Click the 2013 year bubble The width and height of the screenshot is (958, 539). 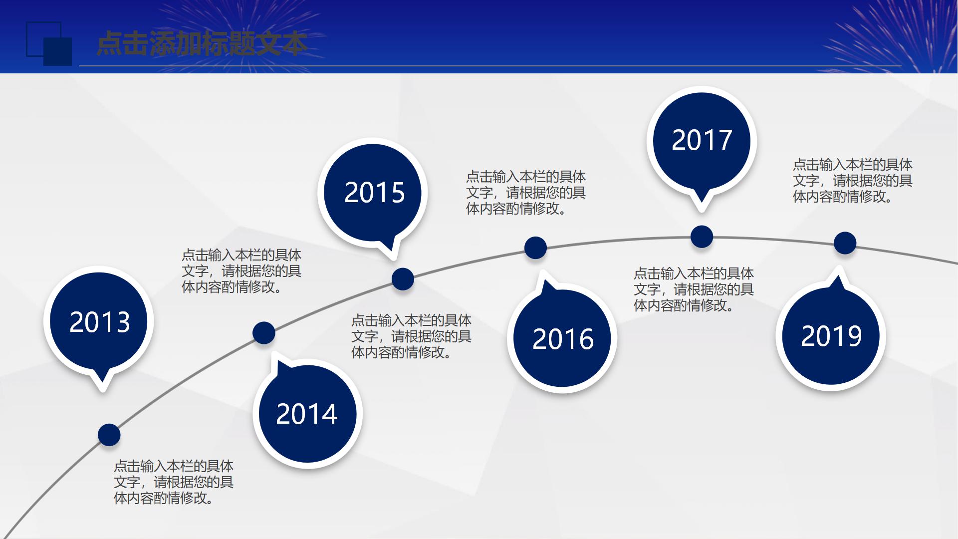[x=99, y=321]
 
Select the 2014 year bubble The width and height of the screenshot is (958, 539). [x=307, y=414]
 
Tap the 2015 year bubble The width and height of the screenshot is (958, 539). [x=374, y=192]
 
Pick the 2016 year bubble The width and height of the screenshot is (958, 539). [x=562, y=339]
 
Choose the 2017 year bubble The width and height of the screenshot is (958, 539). [x=702, y=140]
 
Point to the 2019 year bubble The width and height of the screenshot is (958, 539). [x=831, y=336]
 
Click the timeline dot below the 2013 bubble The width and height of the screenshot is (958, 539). [x=109, y=434]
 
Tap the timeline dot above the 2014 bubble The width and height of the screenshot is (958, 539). [x=263, y=333]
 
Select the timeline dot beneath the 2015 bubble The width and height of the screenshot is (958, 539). [x=403, y=279]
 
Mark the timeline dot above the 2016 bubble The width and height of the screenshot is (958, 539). [x=535, y=248]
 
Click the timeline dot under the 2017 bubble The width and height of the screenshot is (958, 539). [x=702, y=237]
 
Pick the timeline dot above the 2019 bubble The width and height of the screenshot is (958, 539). [x=845, y=243]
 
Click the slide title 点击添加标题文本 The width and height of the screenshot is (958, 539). [x=202, y=44]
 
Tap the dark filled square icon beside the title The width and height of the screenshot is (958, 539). [x=58, y=51]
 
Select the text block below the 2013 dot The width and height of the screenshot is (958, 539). [x=173, y=482]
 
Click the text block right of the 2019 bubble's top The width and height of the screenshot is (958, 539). [x=852, y=180]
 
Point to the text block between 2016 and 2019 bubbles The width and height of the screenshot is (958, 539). [x=693, y=289]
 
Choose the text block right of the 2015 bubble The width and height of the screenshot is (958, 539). [x=525, y=192]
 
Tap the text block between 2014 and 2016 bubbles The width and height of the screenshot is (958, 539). [x=411, y=336]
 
